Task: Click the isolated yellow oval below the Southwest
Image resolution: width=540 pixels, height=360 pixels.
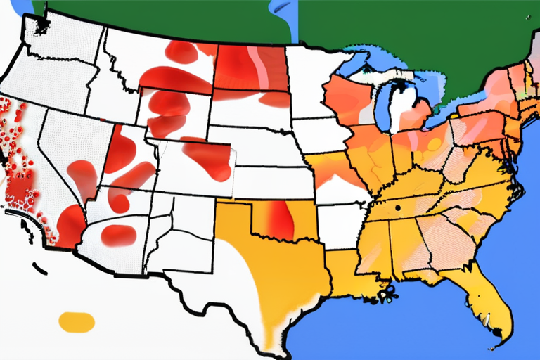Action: (x=77, y=322)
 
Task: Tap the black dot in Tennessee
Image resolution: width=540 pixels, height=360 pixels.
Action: (x=398, y=208)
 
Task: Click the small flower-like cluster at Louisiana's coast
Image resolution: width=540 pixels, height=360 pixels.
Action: (x=385, y=295)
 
